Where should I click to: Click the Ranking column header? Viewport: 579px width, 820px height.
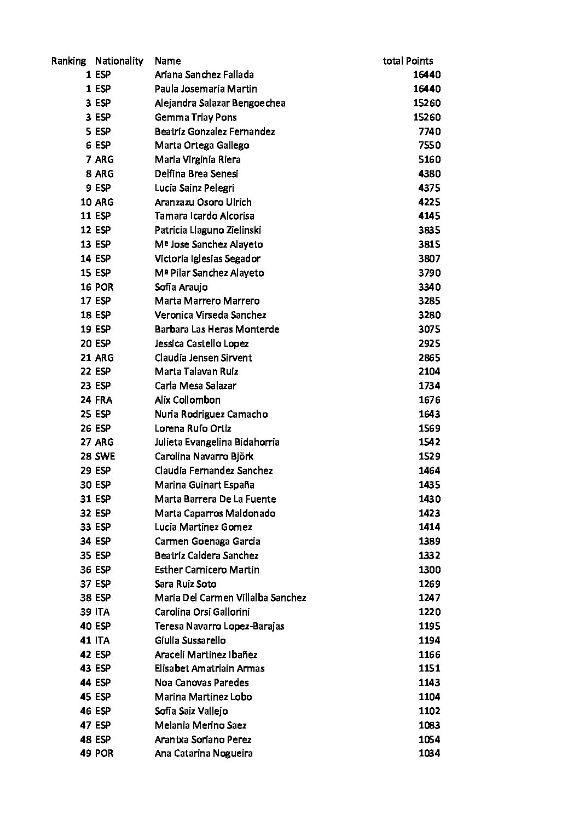coord(68,61)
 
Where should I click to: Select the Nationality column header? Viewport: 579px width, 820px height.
coord(119,61)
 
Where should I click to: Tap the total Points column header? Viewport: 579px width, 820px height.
coord(408,61)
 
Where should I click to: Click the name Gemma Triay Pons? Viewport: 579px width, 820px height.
coord(195,117)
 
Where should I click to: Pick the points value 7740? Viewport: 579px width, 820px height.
coord(430,131)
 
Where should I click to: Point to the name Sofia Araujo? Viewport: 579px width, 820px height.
coord(181,287)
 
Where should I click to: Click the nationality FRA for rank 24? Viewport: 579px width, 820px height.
coord(103,400)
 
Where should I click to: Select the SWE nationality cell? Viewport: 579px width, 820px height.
coord(105,456)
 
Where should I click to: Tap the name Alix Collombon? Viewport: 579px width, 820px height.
coord(187,400)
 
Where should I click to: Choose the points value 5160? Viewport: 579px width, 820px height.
coord(430,159)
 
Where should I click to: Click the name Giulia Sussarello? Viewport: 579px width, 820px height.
coord(190,640)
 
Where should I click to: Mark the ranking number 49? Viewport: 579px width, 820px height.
coord(85,753)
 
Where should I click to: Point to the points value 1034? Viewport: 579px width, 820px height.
coord(430,753)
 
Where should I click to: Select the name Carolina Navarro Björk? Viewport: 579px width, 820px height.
coord(204,456)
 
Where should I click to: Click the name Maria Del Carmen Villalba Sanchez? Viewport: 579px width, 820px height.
coord(230,598)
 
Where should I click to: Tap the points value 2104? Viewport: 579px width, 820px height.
coord(430,371)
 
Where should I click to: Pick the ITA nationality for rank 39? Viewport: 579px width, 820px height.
coord(102,612)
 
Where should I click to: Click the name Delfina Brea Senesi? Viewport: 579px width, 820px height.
coord(196,174)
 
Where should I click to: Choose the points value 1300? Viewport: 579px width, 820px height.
coord(430,570)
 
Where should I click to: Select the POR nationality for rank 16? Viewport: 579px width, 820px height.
coord(104,287)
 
